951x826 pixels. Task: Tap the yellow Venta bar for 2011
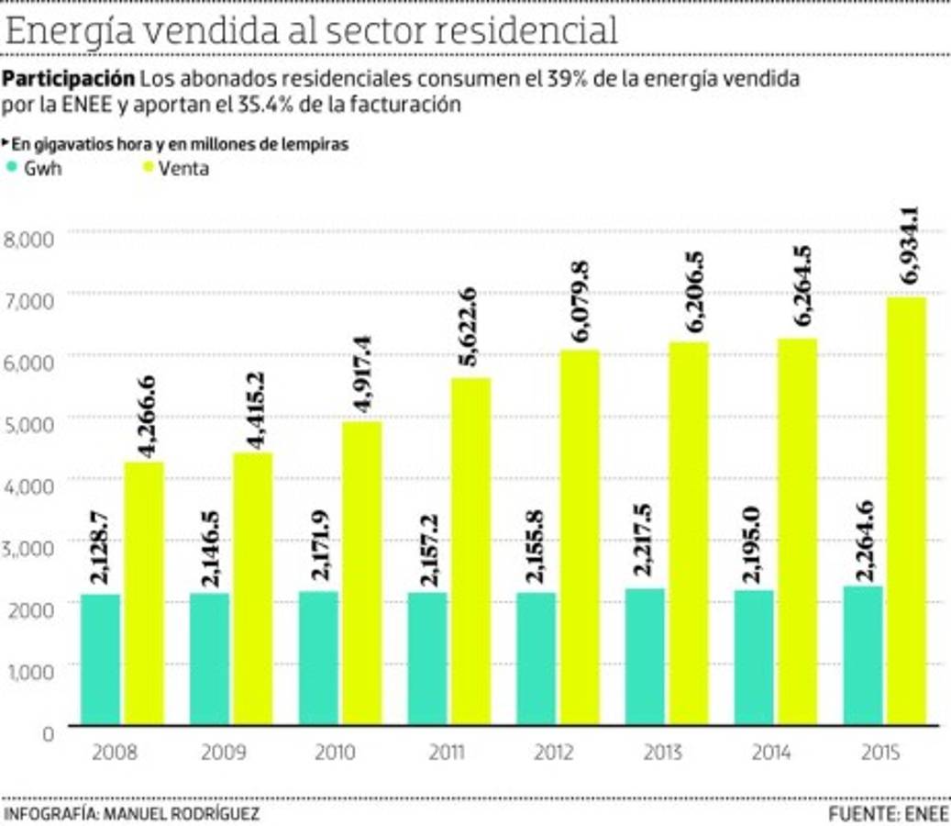point(470,551)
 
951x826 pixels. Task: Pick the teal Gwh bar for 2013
point(646,656)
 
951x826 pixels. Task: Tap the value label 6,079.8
point(580,302)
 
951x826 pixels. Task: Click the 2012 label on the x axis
point(553,753)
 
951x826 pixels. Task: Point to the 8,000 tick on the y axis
point(30,240)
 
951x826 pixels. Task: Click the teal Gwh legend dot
point(11,168)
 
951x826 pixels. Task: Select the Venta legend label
point(183,169)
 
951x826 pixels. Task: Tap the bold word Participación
point(70,79)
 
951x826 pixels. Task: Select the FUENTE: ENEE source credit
point(888,814)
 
